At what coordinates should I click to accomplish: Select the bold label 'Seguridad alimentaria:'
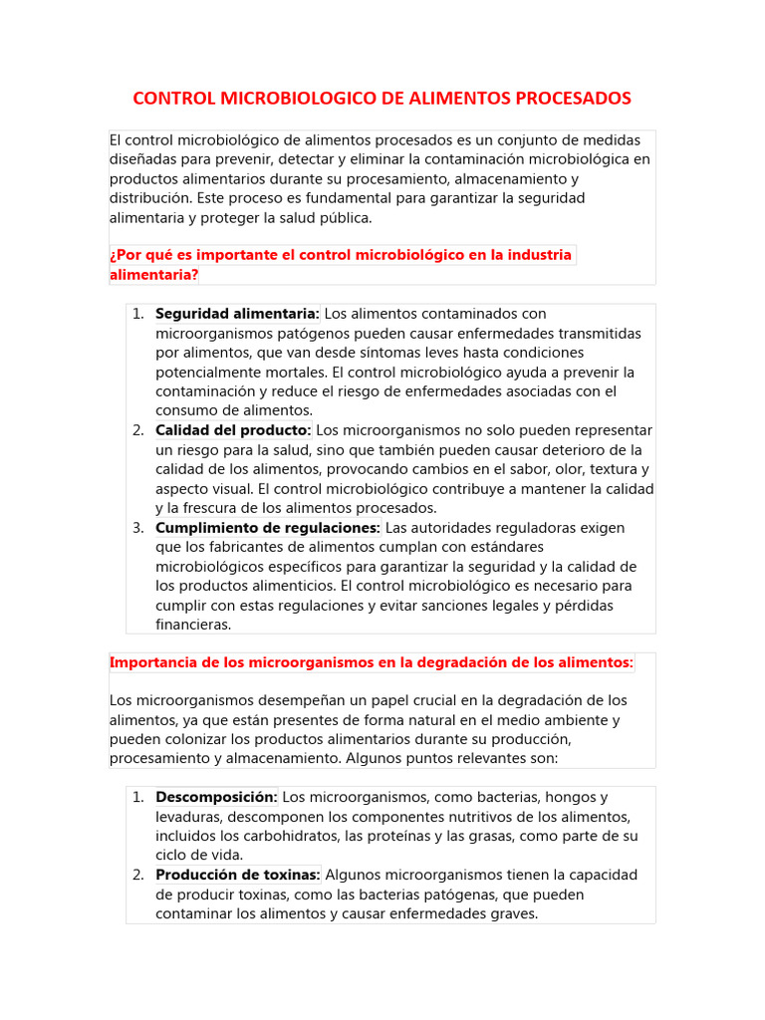(x=237, y=314)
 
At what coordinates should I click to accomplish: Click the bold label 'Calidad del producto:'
(x=233, y=430)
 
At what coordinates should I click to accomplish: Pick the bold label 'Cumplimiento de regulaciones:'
(x=268, y=528)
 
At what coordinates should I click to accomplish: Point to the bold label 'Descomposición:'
(x=216, y=797)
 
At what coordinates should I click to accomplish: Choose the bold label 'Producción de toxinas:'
(x=237, y=875)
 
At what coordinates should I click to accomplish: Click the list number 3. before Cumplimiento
(x=137, y=528)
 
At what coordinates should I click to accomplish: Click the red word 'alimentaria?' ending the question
(x=153, y=275)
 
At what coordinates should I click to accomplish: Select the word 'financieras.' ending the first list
(x=193, y=625)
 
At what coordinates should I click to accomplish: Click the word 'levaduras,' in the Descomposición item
(x=189, y=817)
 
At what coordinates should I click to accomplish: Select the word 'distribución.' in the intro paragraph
(x=152, y=198)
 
